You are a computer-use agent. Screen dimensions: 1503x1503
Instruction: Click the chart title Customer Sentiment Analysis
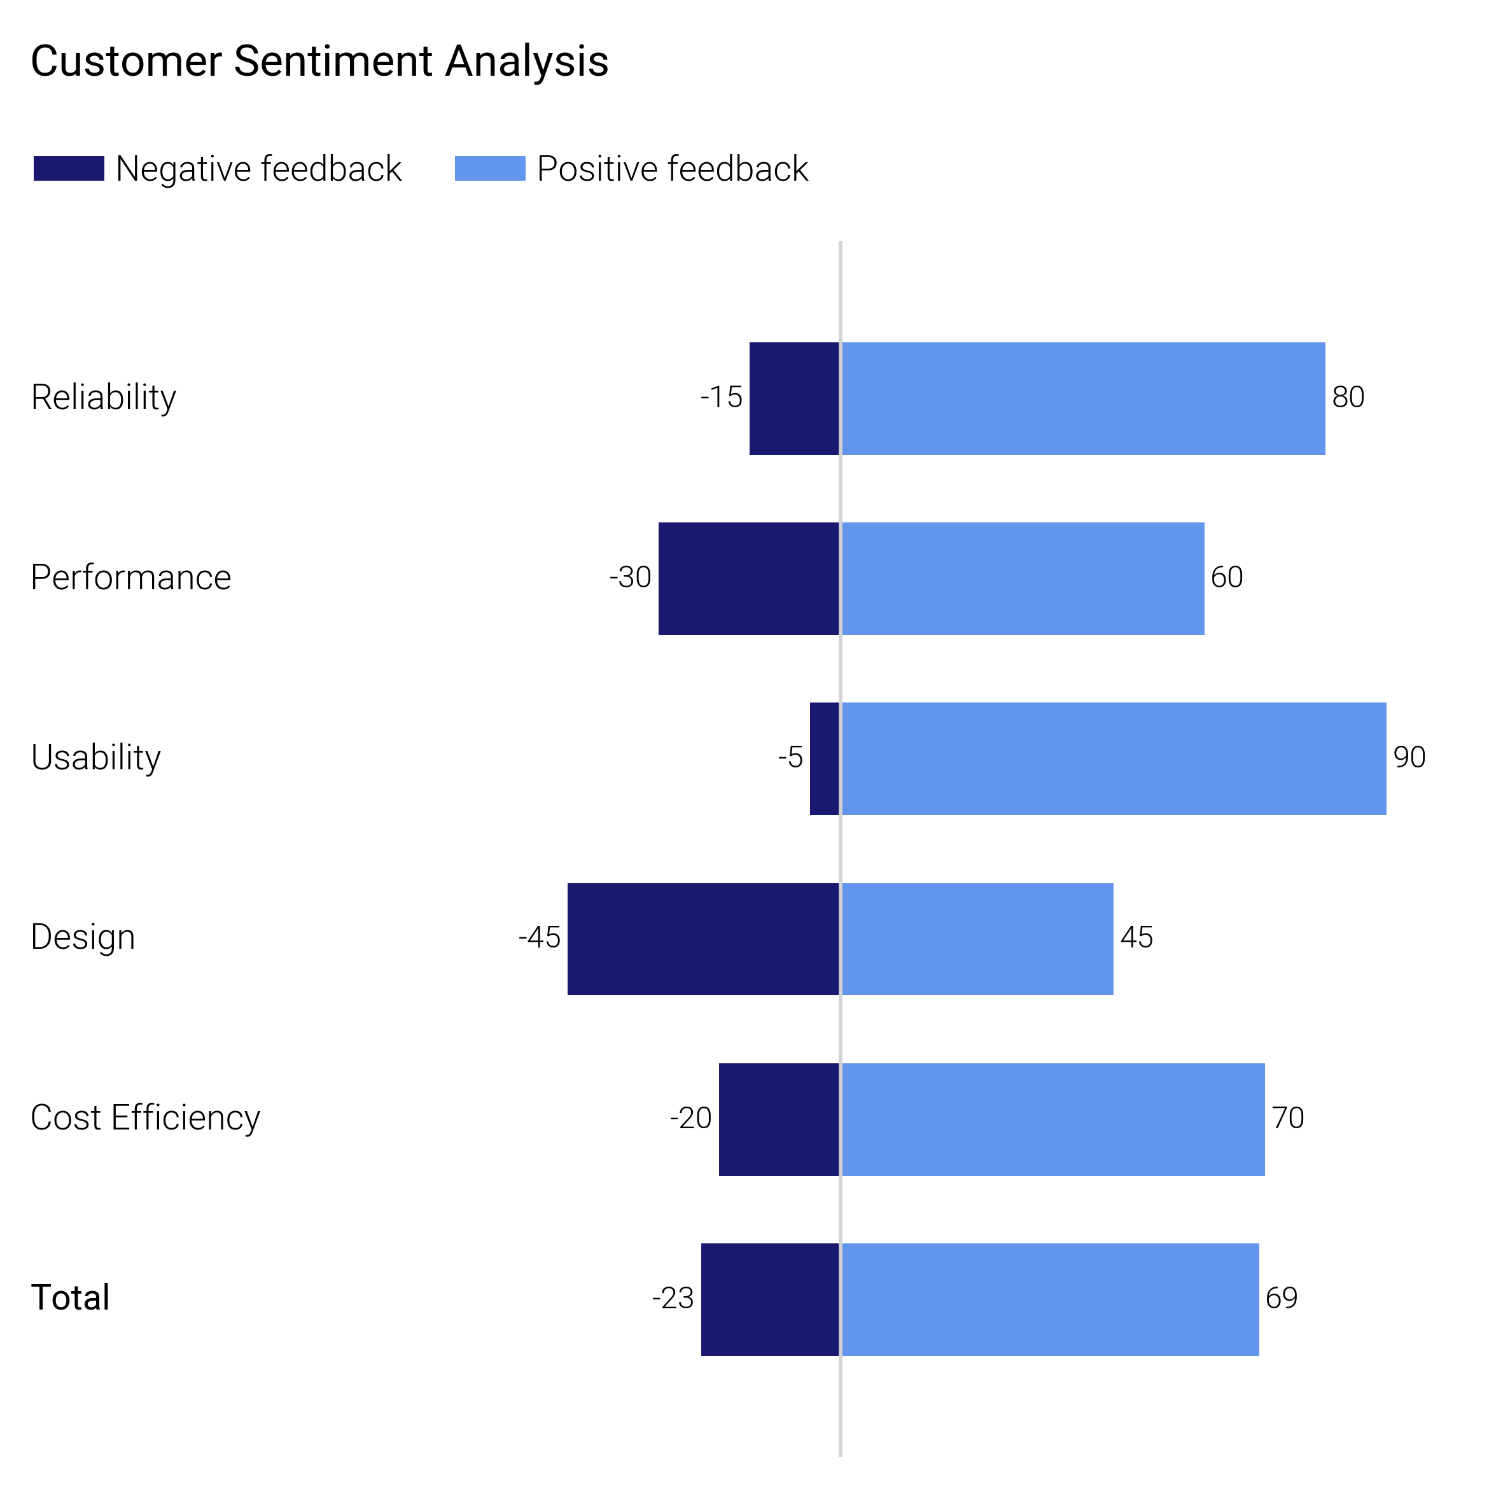point(319,62)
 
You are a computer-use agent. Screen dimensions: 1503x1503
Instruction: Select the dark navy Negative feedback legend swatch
point(69,168)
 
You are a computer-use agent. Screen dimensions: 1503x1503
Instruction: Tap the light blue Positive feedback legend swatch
point(489,168)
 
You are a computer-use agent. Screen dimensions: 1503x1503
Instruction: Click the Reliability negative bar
point(793,398)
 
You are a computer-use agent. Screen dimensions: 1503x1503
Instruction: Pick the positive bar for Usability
point(1113,758)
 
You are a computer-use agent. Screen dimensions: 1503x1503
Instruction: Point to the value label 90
point(1409,757)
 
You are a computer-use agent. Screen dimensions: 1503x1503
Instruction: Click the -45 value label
point(539,937)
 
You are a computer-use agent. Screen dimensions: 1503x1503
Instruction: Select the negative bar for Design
point(703,939)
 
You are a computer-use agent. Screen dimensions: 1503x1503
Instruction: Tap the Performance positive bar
point(1022,579)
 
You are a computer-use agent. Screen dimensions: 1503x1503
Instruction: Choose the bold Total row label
point(70,1298)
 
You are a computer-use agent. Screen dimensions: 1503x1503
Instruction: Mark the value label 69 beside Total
point(1282,1298)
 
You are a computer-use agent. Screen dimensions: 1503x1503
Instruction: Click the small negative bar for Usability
point(824,758)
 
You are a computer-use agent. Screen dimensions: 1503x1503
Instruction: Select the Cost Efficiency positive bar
point(1052,1119)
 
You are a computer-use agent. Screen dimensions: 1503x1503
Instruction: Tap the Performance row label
point(130,577)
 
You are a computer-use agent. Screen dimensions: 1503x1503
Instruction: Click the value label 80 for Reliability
point(1348,397)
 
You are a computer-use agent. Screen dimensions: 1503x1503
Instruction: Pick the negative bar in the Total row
point(769,1299)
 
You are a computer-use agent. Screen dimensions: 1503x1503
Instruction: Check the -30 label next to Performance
point(630,577)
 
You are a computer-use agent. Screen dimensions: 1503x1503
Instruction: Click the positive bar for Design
point(977,939)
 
